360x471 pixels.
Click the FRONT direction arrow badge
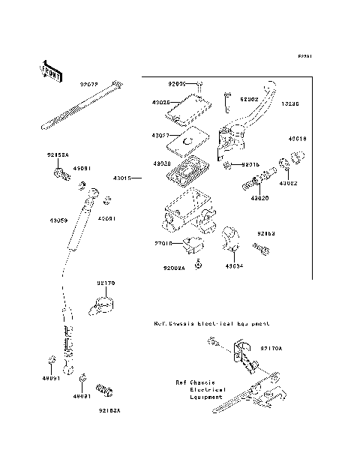(47, 71)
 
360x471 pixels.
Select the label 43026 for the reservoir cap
(161, 101)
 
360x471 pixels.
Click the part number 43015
(122, 178)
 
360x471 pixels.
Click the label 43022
(289, 182)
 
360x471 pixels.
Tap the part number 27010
(165, 243)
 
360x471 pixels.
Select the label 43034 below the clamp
(233, 266)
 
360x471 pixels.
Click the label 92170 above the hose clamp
(105, 283)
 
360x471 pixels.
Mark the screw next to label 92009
(199, 85)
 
